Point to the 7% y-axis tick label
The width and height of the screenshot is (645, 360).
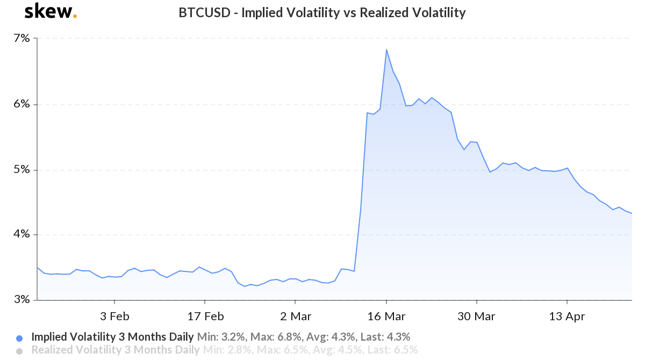pyautogui.click(x=21, y=39)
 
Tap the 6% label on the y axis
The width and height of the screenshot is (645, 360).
pyautogui.click(x=21, y=104)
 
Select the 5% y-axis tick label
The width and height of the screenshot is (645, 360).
pyautogui.click(x=21, y=170)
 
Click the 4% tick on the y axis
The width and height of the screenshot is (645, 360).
pyautogui.click(x=21, y=235)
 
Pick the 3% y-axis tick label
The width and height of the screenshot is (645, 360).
pyautogui.click(x=21, y=300)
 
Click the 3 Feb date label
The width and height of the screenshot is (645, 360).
pyautogui.click(x=114, y=316)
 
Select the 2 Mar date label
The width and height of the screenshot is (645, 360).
pyautogui.click(x=295, y=316)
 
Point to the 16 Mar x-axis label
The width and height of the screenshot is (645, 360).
pyautogui.click(x=386, y=316)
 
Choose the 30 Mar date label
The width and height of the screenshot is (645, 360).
pyautogui.click(x=476, y=316)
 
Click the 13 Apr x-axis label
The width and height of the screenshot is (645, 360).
pyautogui.click(x=567, y=316)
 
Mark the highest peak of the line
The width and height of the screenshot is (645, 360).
pyautogui.click(x=386, y=50)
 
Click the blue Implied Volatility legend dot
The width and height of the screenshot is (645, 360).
pyautogui.click(x=20, y=339)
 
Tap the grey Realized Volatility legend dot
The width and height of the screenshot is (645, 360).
pyautogui.click(x=20, y=351)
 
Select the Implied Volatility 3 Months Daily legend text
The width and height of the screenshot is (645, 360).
pyautogui.click(x=112, y=337)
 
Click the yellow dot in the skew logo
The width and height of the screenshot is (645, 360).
pyautogui.click(x=75, y=16)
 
